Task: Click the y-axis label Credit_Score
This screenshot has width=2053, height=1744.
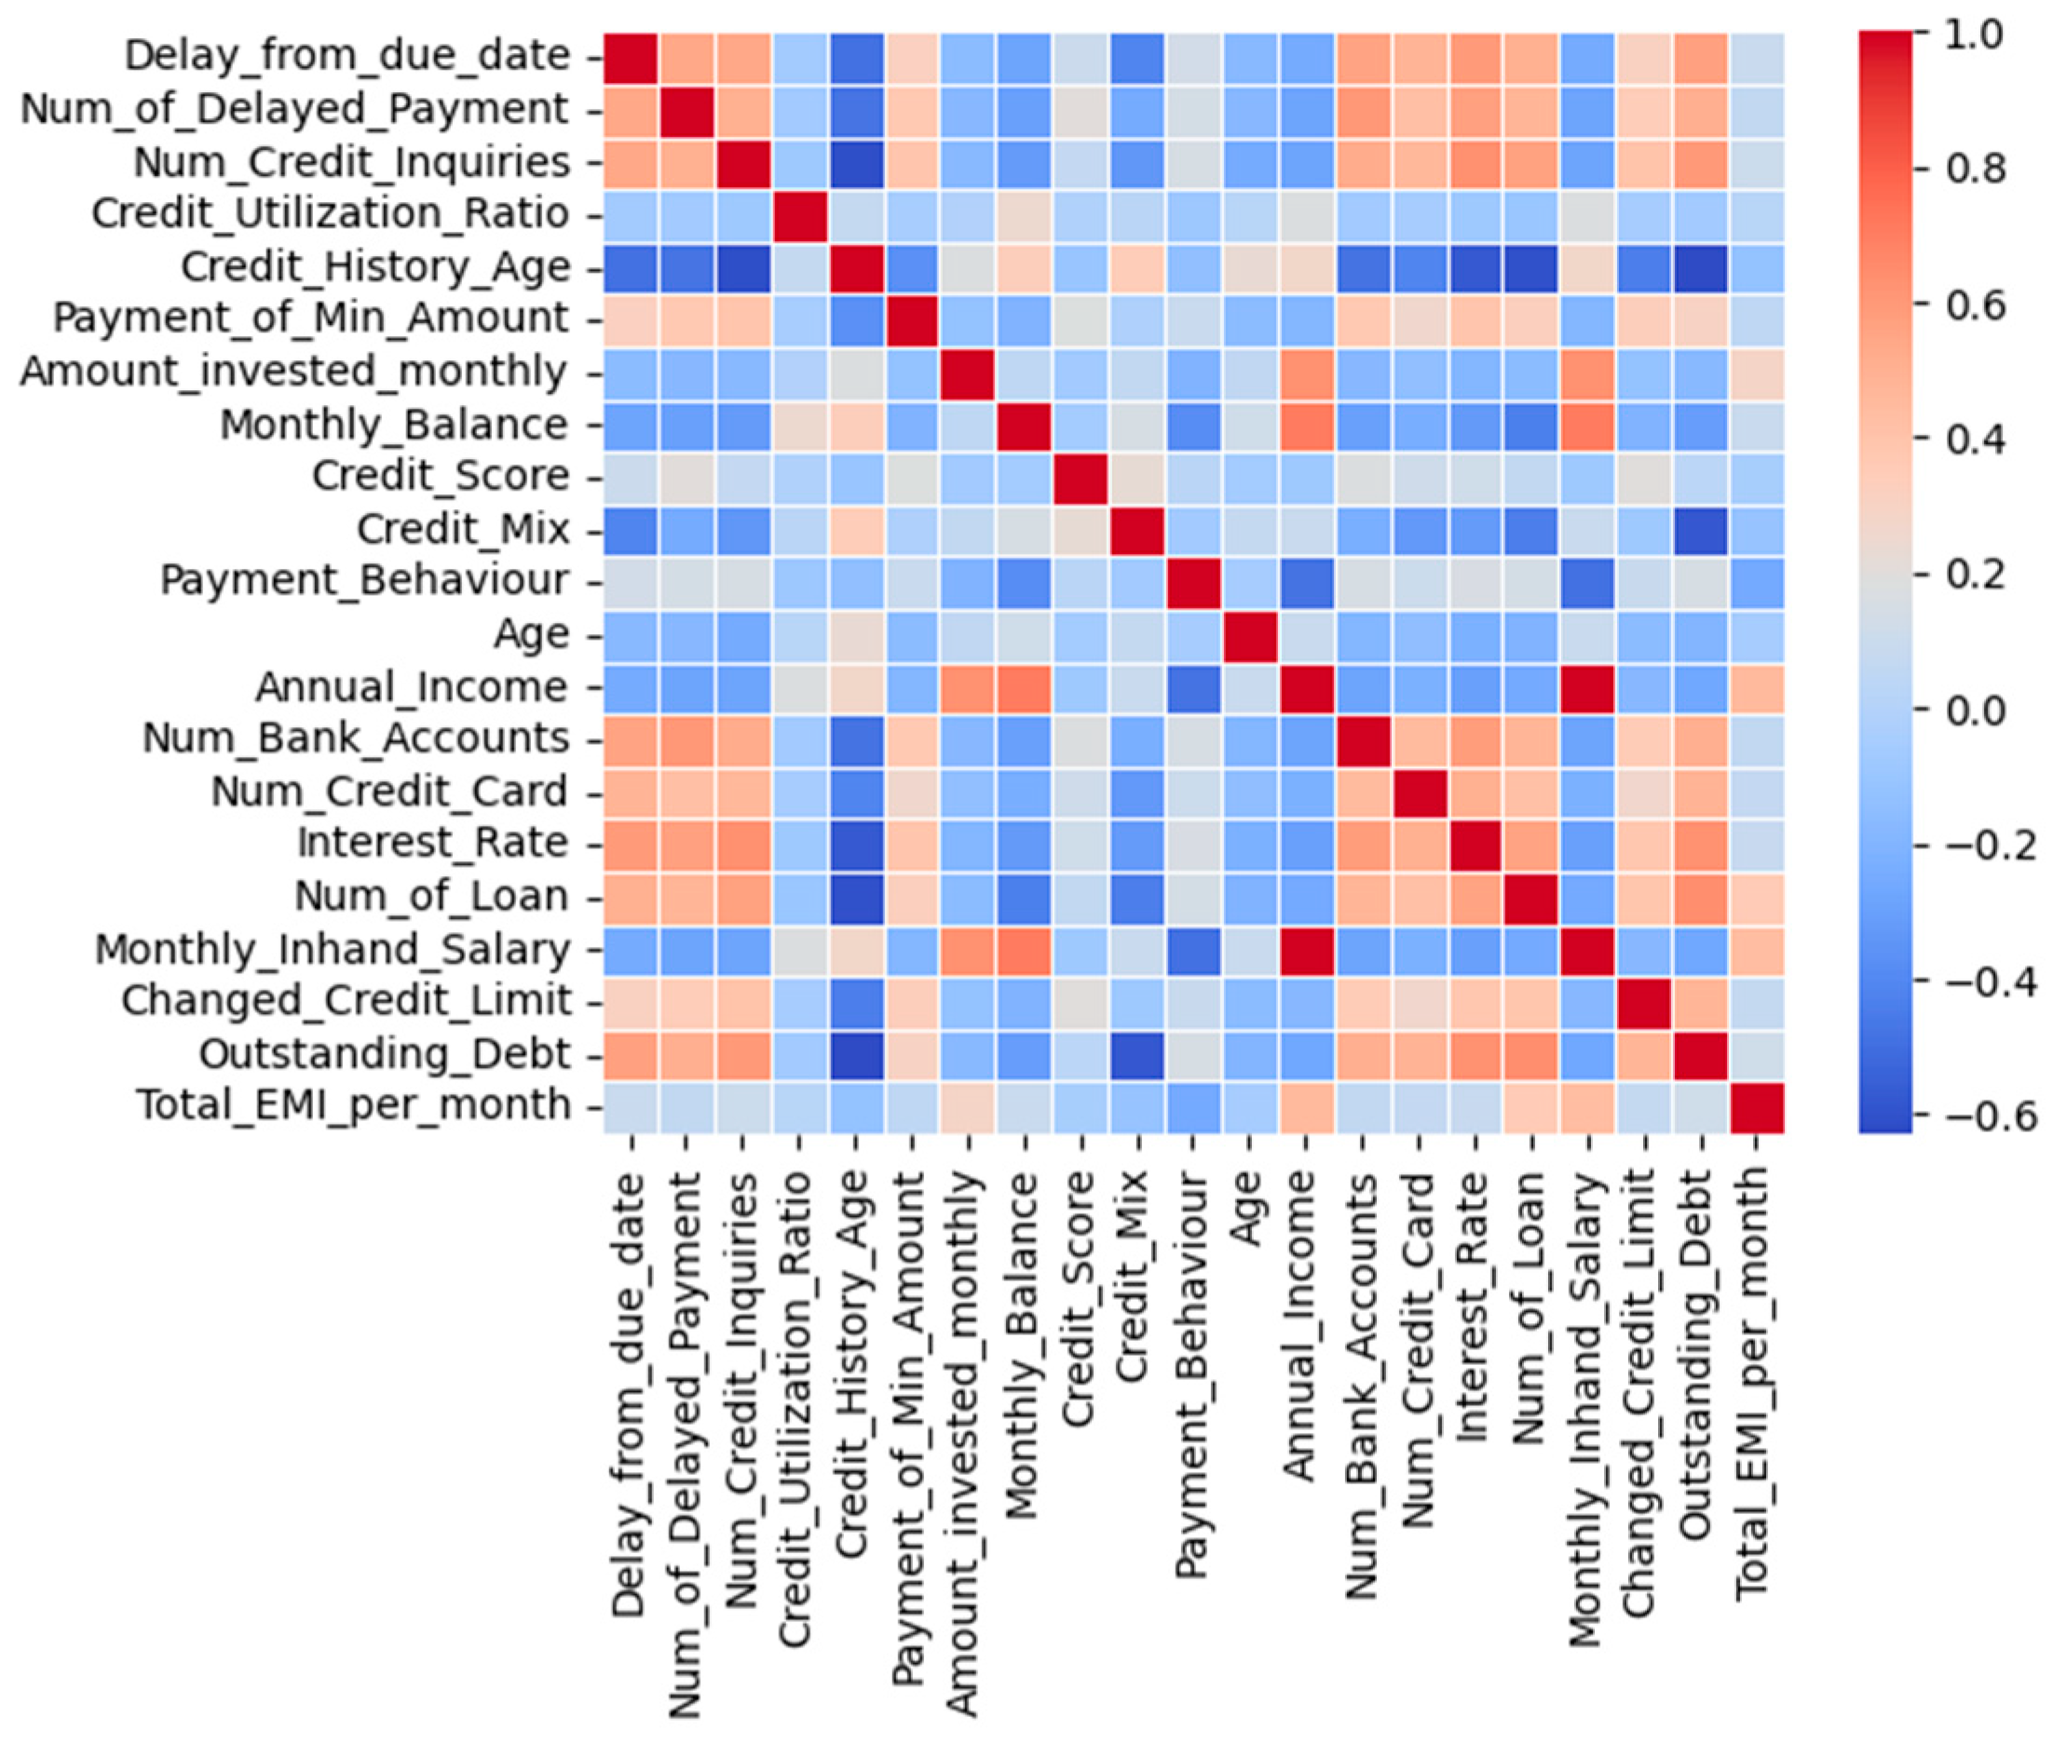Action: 440,477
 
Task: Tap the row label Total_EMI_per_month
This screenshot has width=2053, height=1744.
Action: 353,1105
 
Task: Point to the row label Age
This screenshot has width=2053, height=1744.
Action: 531,634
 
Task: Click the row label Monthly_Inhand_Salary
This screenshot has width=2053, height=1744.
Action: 333,949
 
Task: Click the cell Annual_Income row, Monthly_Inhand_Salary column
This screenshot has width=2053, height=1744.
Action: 1588,686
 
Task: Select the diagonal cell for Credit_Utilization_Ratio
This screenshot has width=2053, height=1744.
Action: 801,213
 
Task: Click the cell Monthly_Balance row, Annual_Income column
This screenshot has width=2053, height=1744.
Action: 1306,425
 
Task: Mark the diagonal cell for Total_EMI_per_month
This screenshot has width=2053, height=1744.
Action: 1757,1106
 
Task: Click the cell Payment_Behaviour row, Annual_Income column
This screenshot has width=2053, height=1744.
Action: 1306,581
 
